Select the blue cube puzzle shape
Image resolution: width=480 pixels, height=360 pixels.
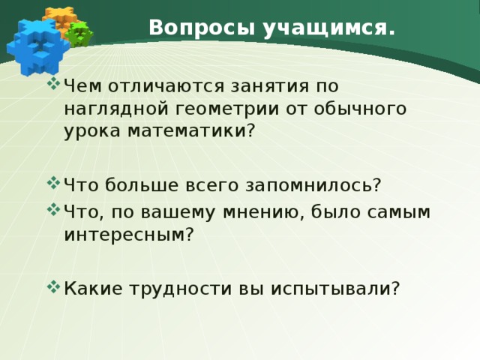[34, 46]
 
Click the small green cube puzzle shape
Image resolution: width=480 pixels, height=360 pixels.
[79, 33]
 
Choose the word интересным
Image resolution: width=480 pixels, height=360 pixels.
[128, 235]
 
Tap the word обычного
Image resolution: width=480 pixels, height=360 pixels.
[357, 108]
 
